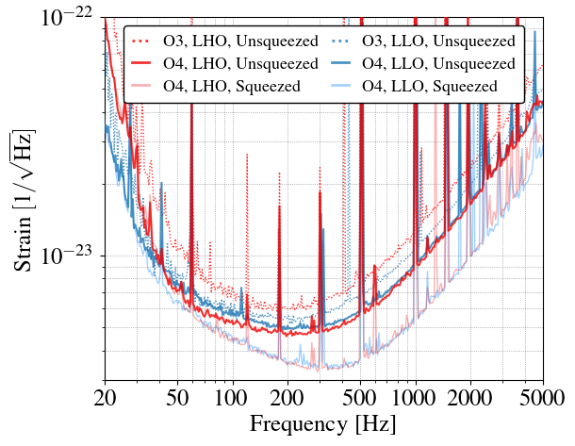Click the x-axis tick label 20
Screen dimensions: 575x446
(x=106, y=398)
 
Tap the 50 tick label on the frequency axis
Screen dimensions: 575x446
(x=177, y=398)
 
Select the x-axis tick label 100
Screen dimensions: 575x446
(x=232, y=398)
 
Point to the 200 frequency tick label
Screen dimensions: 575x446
(x=287, y=398)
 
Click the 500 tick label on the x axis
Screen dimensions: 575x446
(x=360, y=398)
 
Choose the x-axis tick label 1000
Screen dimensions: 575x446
(x=415, y=398)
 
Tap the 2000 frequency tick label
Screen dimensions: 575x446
(x=469, y=398)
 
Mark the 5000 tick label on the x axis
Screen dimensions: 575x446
(x=542, y=398)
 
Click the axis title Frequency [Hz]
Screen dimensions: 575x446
(x=323, y=424)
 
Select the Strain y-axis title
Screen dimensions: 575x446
(x=24, y=201)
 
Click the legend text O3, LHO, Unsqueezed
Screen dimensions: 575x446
(x=240, y=41)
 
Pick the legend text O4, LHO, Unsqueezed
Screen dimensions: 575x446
(x=240, y=63)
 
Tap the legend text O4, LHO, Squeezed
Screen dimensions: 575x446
(x=232, y=86)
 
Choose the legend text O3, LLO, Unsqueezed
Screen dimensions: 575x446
(x=438, y=41)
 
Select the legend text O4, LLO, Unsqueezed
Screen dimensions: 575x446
(x=438, y=63)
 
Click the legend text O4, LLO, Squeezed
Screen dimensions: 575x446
(x=430, y=86)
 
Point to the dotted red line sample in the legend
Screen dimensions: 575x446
(x=141, y=41)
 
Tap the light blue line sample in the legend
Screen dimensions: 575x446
(x=340, y=87)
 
